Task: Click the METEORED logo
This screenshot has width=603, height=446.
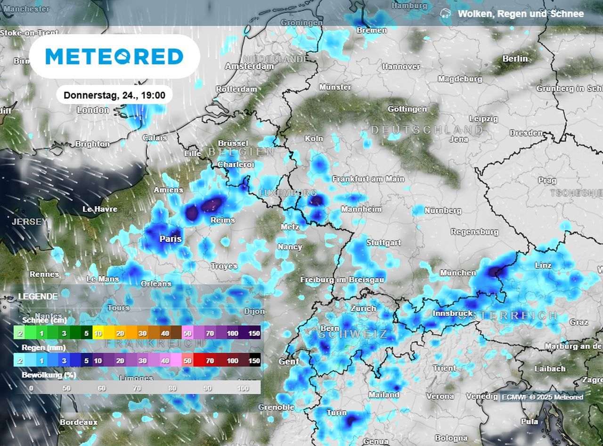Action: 114,56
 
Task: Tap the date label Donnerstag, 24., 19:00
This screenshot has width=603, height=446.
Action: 114,96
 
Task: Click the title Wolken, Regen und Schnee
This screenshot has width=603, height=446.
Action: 521,14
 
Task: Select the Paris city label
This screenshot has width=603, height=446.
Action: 171,239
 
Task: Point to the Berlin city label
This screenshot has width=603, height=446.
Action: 515,59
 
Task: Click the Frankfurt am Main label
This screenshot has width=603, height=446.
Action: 368,179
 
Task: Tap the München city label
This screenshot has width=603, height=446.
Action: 457,273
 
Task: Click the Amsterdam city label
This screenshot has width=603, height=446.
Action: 249,67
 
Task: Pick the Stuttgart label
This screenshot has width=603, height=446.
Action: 383,243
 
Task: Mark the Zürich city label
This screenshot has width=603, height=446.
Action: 363,309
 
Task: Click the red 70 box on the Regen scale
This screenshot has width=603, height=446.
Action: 210,361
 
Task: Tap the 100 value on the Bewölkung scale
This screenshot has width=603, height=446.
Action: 243,388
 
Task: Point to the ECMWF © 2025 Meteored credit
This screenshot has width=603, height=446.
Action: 542,397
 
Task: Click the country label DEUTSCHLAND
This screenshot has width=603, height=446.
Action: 427,130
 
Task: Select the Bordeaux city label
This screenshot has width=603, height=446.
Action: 79,422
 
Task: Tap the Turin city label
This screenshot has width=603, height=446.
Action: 336,413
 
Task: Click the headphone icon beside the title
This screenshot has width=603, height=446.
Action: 445,14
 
